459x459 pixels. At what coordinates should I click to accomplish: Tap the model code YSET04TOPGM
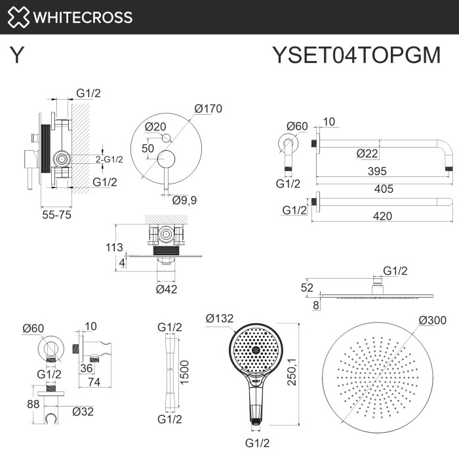point(355,56)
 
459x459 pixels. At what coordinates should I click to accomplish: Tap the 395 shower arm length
point(376,171)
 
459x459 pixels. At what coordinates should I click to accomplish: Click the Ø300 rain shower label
point(432,320)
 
